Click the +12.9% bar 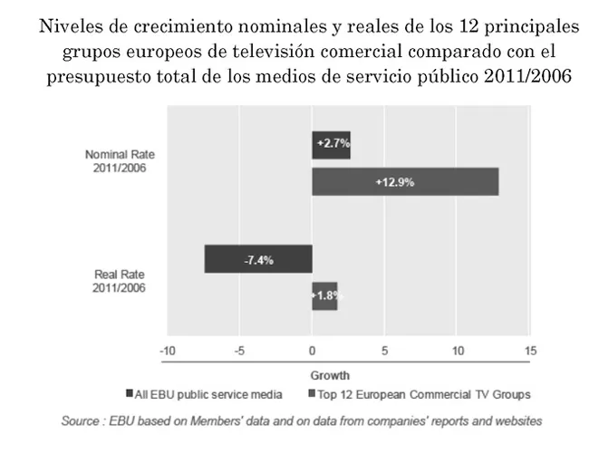point(405,181)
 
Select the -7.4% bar point(258,259)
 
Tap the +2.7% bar point(331,144)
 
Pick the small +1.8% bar point(324,295)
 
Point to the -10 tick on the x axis point(167,352)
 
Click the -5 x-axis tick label point(239,352)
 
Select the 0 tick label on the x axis point(313,352)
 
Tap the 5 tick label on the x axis point(385,352)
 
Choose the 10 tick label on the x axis point(458,352)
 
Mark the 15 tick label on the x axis point(531,352)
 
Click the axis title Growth point(330,375)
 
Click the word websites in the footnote point(517,420)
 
